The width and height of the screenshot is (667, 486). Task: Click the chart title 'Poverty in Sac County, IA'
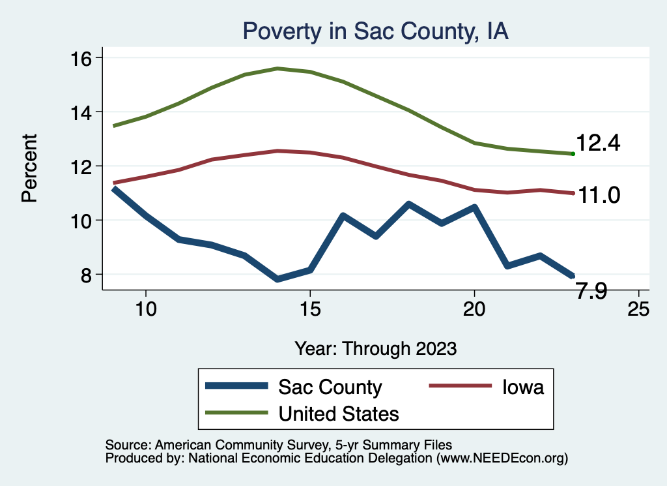tap(375, 31)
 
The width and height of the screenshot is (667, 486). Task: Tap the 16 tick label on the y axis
tap(83, 57)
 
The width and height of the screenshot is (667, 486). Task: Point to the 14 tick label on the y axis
tap(83, 112)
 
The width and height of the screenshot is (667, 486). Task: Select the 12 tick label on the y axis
tap(83, 166)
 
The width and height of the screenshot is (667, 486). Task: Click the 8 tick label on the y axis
tap(88, 274)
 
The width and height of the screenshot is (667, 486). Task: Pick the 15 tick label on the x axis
tap(310, 309)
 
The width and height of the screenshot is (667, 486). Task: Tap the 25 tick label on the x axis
tap(638, 309)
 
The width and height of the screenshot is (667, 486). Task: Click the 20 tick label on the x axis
tap(474, 309)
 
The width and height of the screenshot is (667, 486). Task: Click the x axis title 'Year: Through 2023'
tap(375, 348)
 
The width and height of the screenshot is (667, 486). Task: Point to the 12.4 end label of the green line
tap(597, 144)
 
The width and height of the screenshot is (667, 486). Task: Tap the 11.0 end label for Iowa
tap(597, 194)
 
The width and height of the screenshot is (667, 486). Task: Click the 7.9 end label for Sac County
tap(591, 292)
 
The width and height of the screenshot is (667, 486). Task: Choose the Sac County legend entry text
tap(330, 387)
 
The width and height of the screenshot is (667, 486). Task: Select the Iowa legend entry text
tap(522, 387)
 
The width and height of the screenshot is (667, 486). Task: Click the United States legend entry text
tap(339, 413)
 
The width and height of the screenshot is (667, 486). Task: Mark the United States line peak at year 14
tap(277, 68)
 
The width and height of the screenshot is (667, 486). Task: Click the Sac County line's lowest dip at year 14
tap(278, 279)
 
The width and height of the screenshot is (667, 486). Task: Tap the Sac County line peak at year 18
tap(408, 204)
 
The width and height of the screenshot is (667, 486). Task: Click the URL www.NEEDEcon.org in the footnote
tap(501, 459)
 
